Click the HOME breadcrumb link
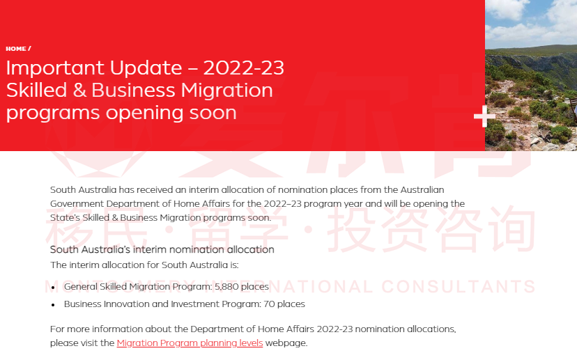[16, 49]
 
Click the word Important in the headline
[56, 68]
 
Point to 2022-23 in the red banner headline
[244, 68]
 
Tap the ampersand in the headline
[79, 90]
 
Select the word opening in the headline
[145, 114]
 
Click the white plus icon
[484, 116]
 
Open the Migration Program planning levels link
[190, 343]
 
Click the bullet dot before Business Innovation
[54, 305]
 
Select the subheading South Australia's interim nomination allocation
[162, 250]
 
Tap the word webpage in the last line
[286, 343]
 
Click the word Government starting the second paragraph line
[77, 204]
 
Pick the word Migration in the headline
[226, 91]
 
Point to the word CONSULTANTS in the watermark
[458, 286]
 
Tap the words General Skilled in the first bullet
[95, 286]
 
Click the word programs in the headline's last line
[53, 114]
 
